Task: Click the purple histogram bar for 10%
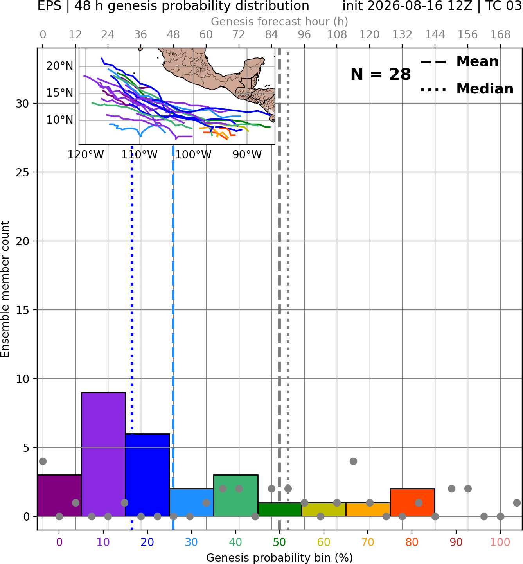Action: tap(103, 454)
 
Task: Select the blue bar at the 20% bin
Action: tap(147, 475)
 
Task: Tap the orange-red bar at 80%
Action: tap(412, 502)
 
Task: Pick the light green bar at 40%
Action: tap(236, 496)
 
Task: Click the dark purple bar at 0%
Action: tap(59, 496)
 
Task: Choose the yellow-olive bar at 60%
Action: tap(324, 510)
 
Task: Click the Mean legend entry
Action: tap(459, 62)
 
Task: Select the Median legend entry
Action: tap(467, 89)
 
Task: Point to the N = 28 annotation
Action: tap(381, 74)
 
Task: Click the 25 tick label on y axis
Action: tap(23, 172)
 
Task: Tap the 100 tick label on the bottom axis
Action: tap(500, 542)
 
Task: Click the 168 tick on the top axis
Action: tap(500, 35)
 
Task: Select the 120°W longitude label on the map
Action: tap(86, 155)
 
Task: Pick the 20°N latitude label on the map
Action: tap(60, 66)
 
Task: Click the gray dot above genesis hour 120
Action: tap(370, 503)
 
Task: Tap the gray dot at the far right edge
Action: tap(517, 503)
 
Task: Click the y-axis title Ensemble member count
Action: tap(5, 289)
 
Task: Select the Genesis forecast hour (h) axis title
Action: tap(280, 22)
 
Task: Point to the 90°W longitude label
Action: tap(247, 155)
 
